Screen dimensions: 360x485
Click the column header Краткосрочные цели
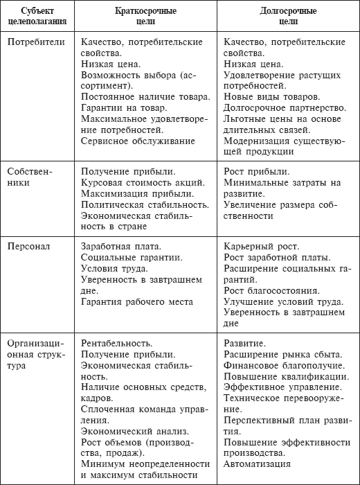pos(145,17)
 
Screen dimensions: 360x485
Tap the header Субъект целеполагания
pos(39,17)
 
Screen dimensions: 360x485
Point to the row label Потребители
pos(37,42)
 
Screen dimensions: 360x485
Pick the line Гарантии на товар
pos(123,108)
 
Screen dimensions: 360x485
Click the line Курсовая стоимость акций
pos(142,182)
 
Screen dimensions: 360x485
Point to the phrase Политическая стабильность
pos(144,204)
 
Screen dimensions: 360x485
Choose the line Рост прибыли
pos(258,171)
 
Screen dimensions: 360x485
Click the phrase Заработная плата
pos(120,245)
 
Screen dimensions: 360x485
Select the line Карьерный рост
pos(262,245)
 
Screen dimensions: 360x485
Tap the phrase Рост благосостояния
pos(271,290)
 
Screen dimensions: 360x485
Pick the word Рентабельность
pos(116,342)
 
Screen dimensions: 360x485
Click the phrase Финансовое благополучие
pos(285,364)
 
